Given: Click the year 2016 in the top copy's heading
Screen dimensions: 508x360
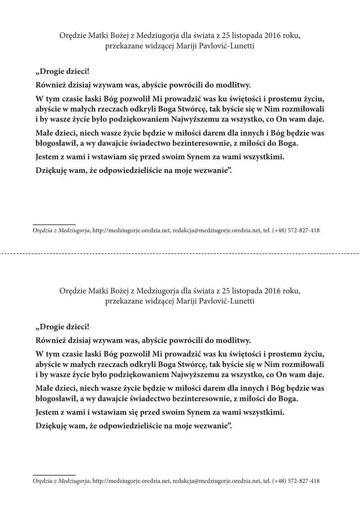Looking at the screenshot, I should (274, 36).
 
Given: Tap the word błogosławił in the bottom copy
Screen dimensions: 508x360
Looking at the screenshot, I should (54, 398).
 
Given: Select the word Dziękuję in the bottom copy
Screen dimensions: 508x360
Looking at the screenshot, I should (51, 425).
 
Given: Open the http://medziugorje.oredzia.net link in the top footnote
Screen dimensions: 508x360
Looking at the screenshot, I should (132, 231).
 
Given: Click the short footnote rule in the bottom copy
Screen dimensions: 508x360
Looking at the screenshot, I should (54, 475).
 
